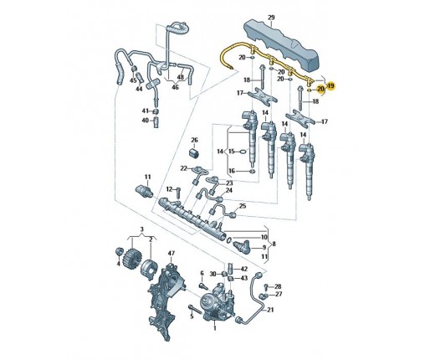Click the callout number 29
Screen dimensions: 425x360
click(x=271, y=18)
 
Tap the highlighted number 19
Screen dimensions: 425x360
click(x=331, y=86)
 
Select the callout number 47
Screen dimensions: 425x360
click(x=172, y=254)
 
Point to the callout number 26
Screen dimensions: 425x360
click(x=194, y=140)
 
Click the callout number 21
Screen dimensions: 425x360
click(x=270, y=310)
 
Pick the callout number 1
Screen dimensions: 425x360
click(x=215, y=328)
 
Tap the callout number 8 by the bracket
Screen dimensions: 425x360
click(x=274, y=244)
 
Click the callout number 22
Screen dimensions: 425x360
click(x=183, y=168)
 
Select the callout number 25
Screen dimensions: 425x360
click(x=243, y=206)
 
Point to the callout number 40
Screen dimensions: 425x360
click(x=146, y=121)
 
